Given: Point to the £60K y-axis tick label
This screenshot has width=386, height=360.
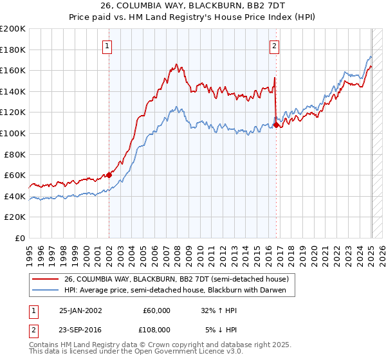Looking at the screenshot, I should click(x=14, y=175).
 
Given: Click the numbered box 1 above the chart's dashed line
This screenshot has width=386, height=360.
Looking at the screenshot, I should click(x=107, y=46).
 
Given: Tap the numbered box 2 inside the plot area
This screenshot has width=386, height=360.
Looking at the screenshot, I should click(x=275, y=46).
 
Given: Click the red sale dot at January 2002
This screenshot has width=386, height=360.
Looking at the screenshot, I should click(x=109, y=175).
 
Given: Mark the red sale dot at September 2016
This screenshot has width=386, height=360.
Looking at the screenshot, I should click(x=276, y=125).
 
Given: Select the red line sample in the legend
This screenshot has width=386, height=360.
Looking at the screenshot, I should click(x=45, y=279).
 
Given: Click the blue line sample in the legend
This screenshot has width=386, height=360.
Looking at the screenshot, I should click(x=45, y=290).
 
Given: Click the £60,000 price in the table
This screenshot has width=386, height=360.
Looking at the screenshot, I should click(x=156, y=310).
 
